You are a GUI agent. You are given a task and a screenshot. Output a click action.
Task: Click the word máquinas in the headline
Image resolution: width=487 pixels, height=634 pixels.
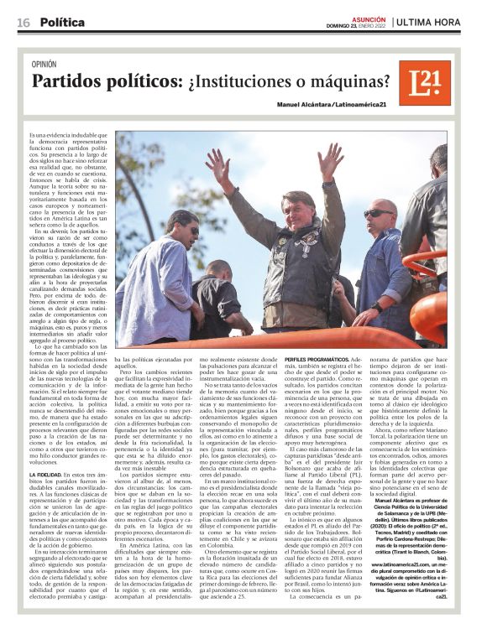pyautogui.click(x=352, y=83)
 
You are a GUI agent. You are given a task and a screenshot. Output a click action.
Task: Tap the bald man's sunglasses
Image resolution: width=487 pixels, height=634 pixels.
pyautogui.click(x=380, y=214)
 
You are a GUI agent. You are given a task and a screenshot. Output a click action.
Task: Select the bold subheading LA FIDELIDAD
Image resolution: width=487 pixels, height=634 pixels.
pyautogui.click(x=46, y=475)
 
